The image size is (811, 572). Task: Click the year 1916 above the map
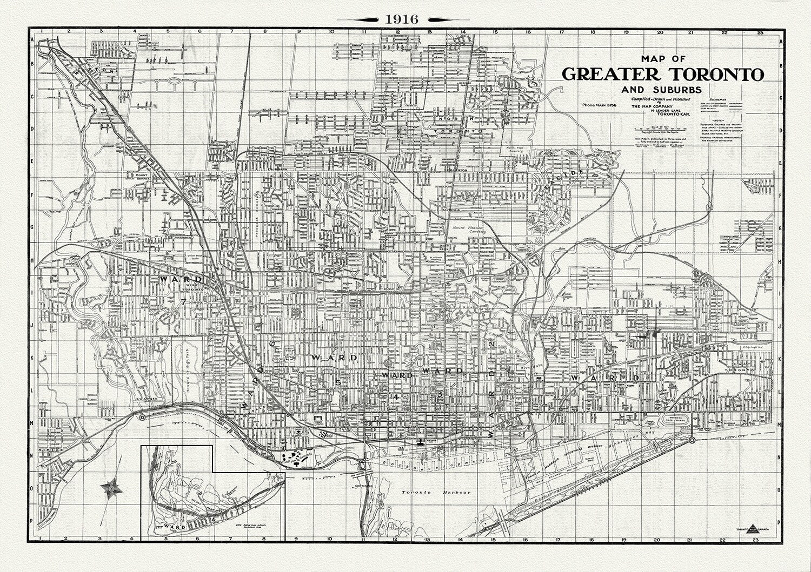pyautogui.click(x=401, y=18)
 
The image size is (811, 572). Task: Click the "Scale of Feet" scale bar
pyautogui.click(x=655, y=129)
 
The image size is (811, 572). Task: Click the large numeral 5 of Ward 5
pyautogui.click(x=337, y=382)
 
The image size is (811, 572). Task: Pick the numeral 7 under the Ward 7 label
pyautogui.click(x=184, y=302)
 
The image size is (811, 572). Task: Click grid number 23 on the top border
pyautogui.click(x=760, y=32)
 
